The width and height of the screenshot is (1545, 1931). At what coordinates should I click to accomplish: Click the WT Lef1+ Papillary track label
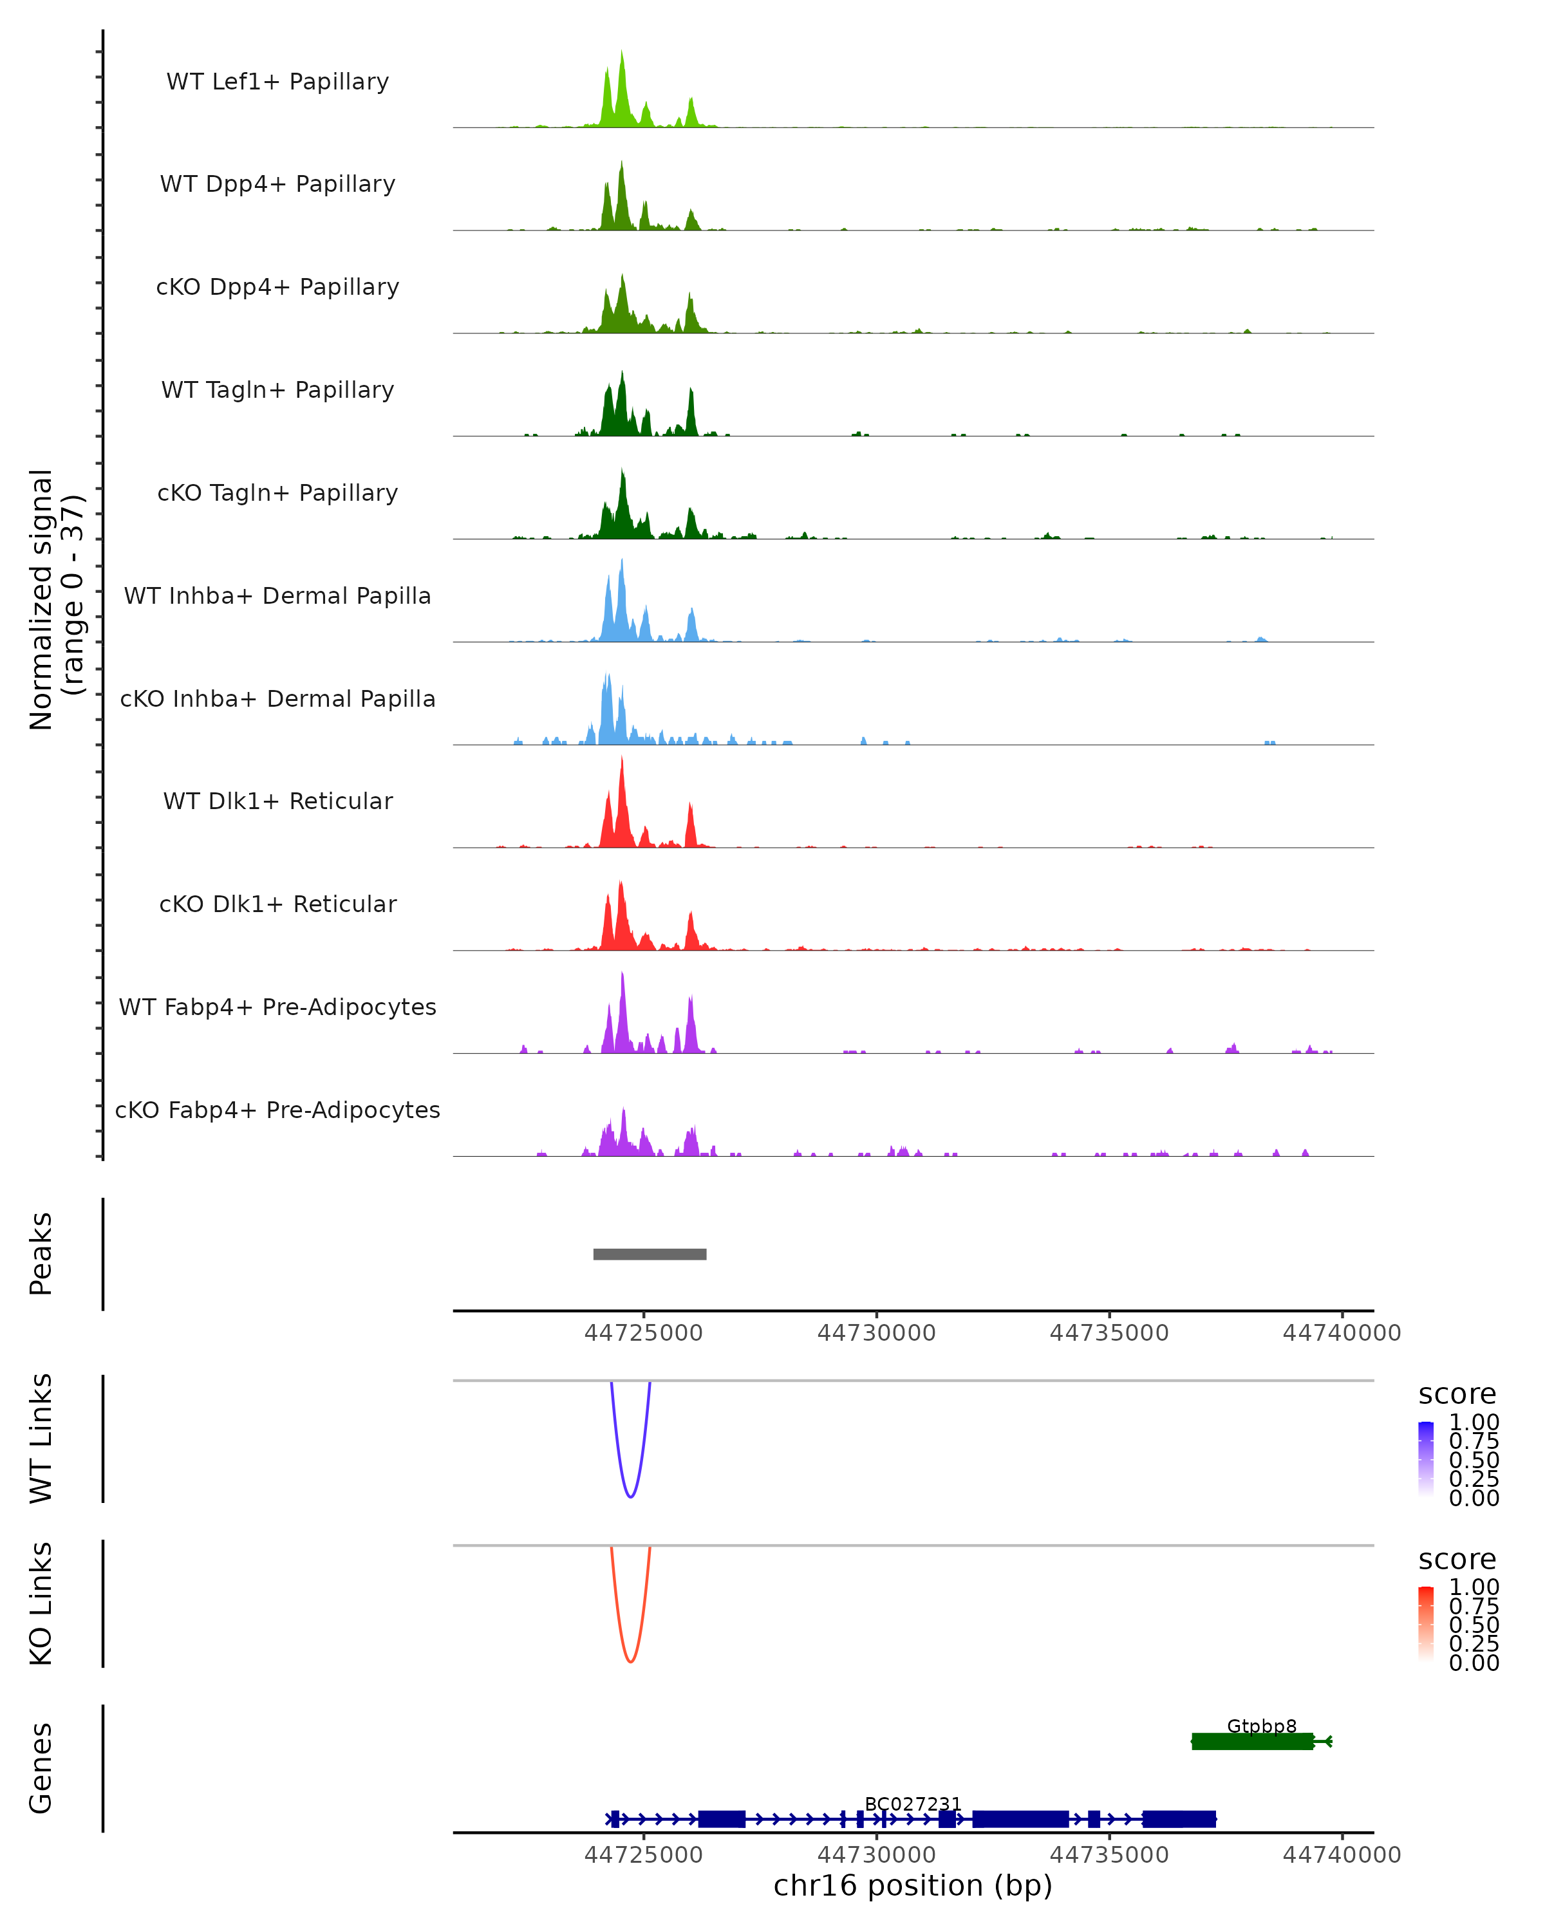point(277,82)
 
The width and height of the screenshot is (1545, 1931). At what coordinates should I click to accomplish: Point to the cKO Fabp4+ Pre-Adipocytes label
point(277,1110)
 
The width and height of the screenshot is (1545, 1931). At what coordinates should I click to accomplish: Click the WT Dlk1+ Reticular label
point(277,801)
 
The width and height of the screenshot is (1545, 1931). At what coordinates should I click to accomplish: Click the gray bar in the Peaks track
point(650,1254)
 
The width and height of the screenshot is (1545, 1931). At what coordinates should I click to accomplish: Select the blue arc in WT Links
point(630,1496)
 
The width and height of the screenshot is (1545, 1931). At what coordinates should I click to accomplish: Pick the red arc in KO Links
point(630,1661)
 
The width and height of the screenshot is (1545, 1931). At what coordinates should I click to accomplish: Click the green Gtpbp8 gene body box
point(1252,1741)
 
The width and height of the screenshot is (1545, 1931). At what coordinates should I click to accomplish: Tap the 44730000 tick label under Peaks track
point(876,1333)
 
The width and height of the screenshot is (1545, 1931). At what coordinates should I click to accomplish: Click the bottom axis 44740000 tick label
point(1341,1855)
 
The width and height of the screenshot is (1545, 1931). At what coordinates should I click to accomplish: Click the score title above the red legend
point(1456,1560)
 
